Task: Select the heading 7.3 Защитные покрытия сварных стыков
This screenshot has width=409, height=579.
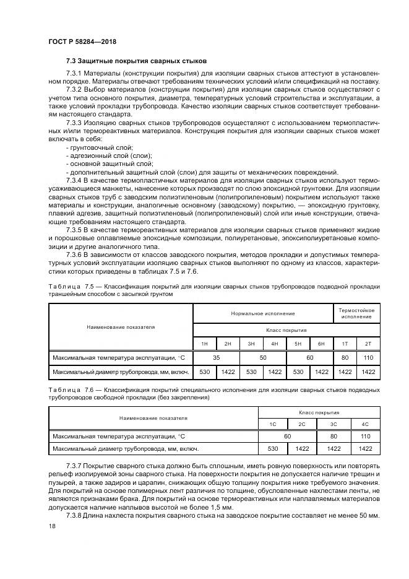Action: pyautogui.click(x=136, y=61)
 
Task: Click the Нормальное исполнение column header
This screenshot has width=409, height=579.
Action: pyautogui.click(x=263, y=313)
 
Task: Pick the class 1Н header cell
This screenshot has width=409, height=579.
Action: pyautogui.click(x=204, y=343)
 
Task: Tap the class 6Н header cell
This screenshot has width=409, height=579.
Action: pyautogui.click(x=321, y=343)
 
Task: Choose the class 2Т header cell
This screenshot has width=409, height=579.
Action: pyautogui.click(x=369, y=343)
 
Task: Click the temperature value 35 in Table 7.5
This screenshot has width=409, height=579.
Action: pyautogui.click(x=216, y=357)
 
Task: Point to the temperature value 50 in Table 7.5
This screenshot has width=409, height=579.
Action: pyautogui.click(x=262, y=357)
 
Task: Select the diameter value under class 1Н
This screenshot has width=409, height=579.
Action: pyautogui.click(x=204, y=372)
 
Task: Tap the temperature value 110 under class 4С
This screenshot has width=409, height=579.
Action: pyautogui.click(x=364, y=436)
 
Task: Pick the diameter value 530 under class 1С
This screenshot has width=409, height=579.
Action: pyautogui.click(x=272, y=448)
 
